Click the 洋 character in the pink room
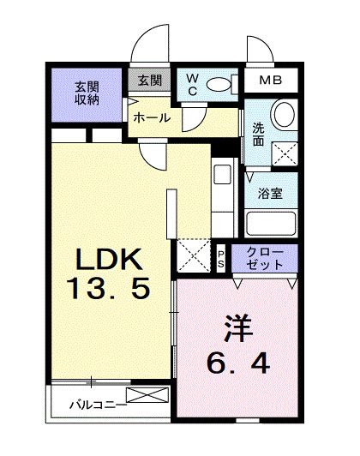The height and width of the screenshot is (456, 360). coord(238,328)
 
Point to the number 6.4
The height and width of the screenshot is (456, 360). coord(238,363)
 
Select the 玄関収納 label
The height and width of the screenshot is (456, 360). coord(87,93)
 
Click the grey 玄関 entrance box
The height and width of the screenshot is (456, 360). coord(149,80)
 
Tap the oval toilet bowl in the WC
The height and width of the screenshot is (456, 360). coord(218,85)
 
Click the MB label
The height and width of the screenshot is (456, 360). coord(271,80)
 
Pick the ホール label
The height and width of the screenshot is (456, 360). coord(152,118)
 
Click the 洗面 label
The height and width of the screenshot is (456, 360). coord(258,134)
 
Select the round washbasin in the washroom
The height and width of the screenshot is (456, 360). coord(285,114)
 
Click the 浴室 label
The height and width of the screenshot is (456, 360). coord(271,194)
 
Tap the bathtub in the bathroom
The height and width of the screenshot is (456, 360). coord(271,224)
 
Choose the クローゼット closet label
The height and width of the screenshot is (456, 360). coord(264,258)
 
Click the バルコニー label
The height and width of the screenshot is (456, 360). coord(99,405)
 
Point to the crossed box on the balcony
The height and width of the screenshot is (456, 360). coord(147,395)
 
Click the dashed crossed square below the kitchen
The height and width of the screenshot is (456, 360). coord(194,256)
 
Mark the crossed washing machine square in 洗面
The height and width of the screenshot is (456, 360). coord(285,153)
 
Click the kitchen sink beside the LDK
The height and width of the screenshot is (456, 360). coord(223,175)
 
